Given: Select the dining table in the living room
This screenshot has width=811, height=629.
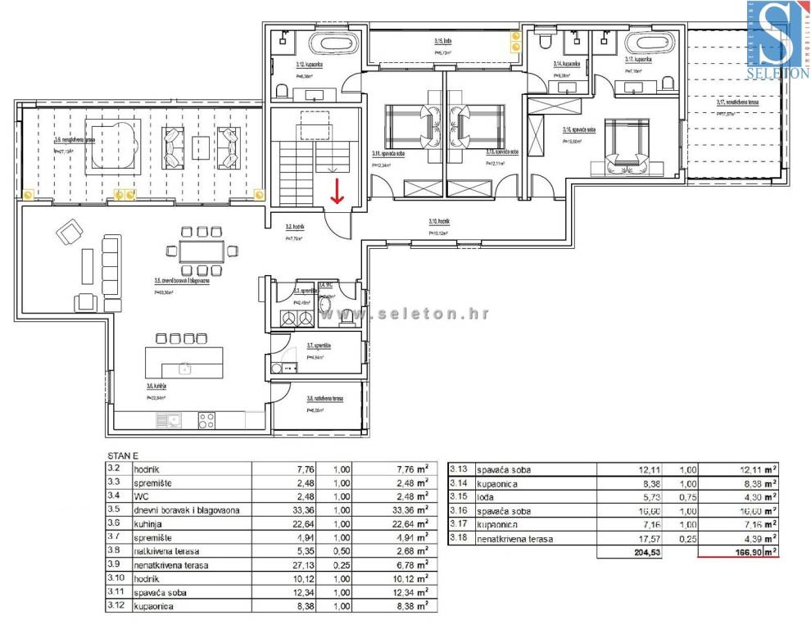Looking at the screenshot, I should coord(202,251).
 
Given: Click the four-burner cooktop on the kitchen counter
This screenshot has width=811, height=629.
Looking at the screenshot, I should coord(206,420).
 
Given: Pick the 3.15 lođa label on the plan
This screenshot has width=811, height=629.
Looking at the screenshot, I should coord(443,41).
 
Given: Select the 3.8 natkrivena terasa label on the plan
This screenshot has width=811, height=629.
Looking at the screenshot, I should coord(324,399).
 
